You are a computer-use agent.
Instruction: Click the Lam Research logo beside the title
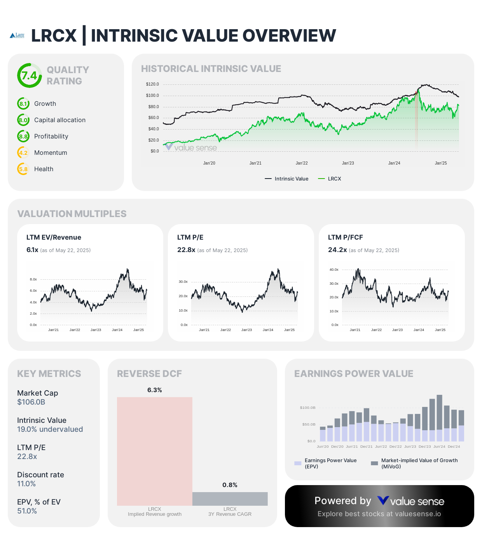tap(17, 35)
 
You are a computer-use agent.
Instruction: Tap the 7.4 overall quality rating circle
tap(30, 75)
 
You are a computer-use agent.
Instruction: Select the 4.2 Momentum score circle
tap(23, 153)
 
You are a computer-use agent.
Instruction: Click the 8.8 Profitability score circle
tap(23, 137)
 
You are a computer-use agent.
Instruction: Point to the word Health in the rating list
tap(44, 169)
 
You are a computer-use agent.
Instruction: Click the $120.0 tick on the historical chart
tap(152, 84)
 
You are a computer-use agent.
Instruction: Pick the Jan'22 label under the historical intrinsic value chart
tap(302, 163)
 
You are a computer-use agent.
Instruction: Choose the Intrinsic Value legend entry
tap(287, 179)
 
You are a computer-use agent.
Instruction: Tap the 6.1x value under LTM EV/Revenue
tap(32, 250)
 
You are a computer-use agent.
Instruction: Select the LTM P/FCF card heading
tap(345, 238)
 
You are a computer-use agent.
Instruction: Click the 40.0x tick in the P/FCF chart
tap(334, 270)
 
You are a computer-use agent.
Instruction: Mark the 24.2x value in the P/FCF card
tap(337, 250)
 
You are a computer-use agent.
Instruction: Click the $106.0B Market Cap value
tap(31, 402)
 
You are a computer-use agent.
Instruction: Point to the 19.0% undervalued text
tap(50, 429)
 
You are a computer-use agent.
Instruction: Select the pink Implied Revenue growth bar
tap(155, 451)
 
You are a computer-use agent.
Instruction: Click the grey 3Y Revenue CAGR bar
tap(230, 499)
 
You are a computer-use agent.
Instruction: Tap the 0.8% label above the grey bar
tap(230, 485)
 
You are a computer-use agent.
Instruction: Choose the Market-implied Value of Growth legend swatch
tap(374, 463)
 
